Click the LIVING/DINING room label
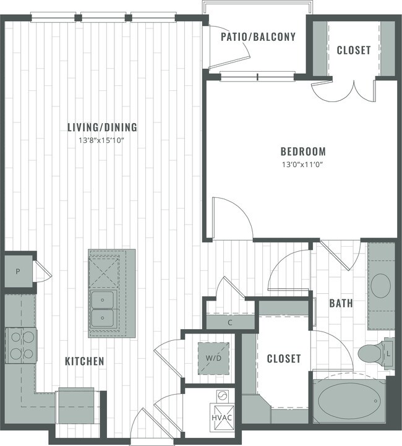click(x=102, y=128)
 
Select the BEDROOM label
click(x=302, y=152)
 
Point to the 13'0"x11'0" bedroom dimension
click(x=302, y=164)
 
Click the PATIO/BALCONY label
click(x=258, y=37)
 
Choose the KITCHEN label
click(x=85, y=361)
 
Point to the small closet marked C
click(x=229, y=322)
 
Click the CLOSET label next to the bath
click(x=283, y=359)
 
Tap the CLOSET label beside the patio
click(x=354, y=50)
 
